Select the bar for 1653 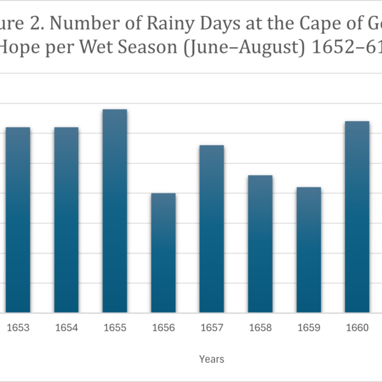coord(18,220)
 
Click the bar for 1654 coord(66,220)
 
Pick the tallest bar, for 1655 coord(115,211)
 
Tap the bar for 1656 coord(164,253)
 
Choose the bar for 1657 coord(212,229)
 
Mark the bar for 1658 coord(260,244)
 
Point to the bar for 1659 coord(309,250)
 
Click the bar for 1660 coord(357,216)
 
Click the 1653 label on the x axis coord(18,328)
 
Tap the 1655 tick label coord(115,328)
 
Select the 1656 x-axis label coord(164,328)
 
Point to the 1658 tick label coord(260,328)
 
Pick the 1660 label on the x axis coord(357,328)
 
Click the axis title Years coord(211,359)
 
